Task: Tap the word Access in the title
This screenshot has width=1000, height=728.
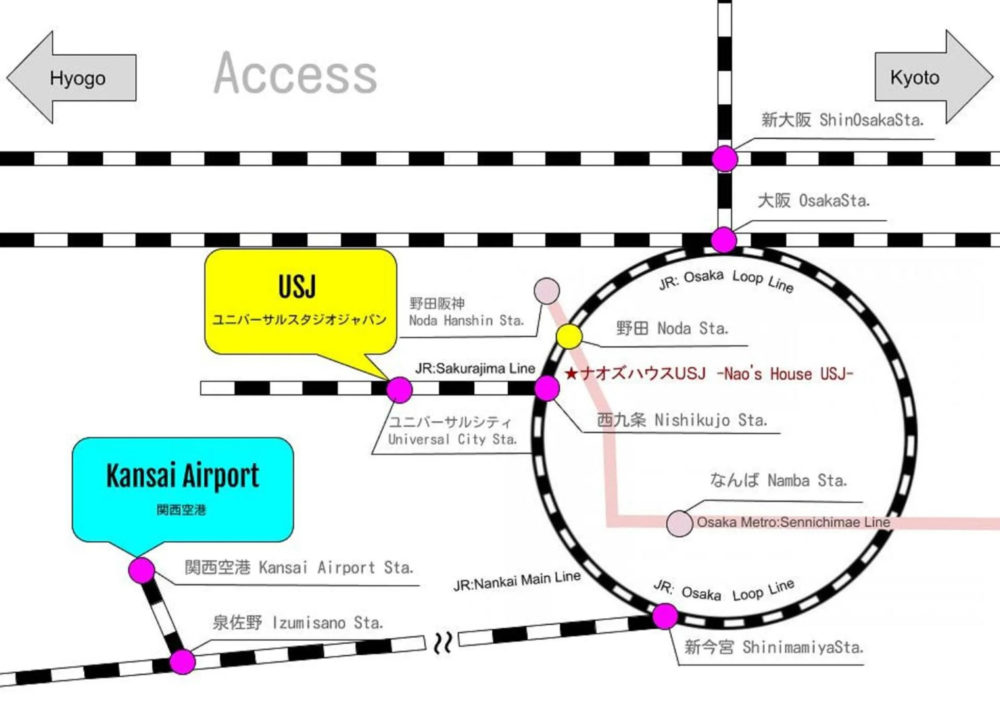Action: coord(295,73)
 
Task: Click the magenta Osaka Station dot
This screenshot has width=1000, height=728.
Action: coord(724,240)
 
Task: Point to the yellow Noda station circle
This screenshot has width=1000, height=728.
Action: coord(569,336)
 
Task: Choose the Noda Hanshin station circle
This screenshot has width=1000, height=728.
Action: coord(547,291)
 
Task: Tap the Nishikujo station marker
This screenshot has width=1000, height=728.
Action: coord(547,388)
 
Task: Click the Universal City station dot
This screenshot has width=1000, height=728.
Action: coord(400,390)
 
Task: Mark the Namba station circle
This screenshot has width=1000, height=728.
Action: coord(680,524)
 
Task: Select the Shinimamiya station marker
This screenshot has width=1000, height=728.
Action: coord(665,617)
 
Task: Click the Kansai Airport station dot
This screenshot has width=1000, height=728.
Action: coord(141,570)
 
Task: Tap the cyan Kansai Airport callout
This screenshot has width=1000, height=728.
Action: coord(183,489)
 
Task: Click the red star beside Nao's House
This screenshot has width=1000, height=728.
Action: coord(571,374)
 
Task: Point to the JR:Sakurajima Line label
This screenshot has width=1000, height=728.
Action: coord(475,369)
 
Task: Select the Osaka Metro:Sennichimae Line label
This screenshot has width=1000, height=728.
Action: coord(793,522)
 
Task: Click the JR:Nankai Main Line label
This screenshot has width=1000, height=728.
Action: coord(517,581)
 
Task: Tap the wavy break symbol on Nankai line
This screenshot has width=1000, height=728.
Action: coord(442,643)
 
